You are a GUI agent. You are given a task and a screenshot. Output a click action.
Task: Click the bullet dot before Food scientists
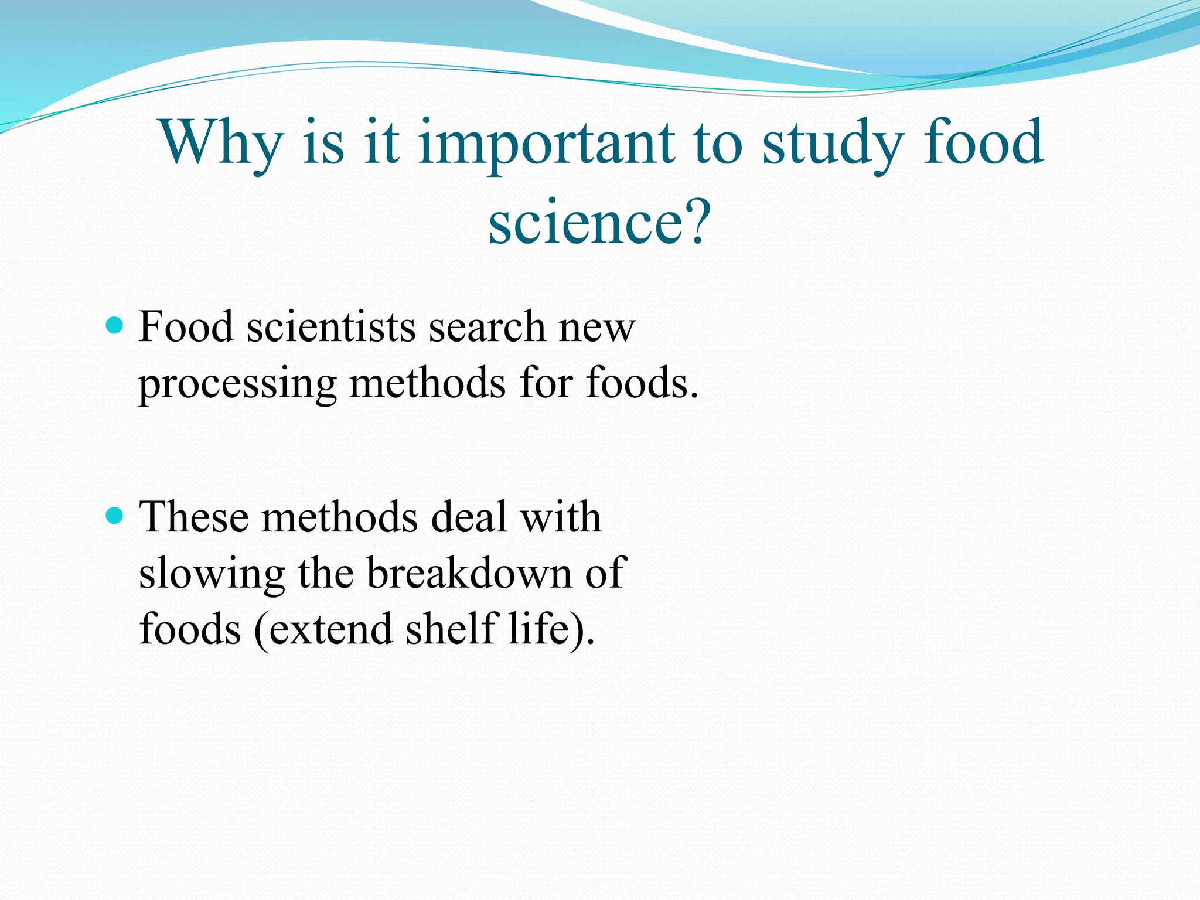[115, 325]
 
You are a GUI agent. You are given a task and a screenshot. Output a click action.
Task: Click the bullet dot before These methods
[115, 516]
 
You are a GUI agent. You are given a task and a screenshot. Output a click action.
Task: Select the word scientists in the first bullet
[331, 326]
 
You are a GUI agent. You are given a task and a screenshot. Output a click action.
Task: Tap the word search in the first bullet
[486, 326]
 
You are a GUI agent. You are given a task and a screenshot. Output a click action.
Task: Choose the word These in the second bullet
[193, 517]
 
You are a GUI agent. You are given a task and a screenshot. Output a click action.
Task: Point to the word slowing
[211, 573]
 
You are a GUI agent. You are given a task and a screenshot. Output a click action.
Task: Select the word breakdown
[469, 573]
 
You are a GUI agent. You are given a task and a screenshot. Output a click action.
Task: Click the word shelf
[452, 628]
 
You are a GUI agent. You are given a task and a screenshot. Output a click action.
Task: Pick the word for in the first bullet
[546, 383]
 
